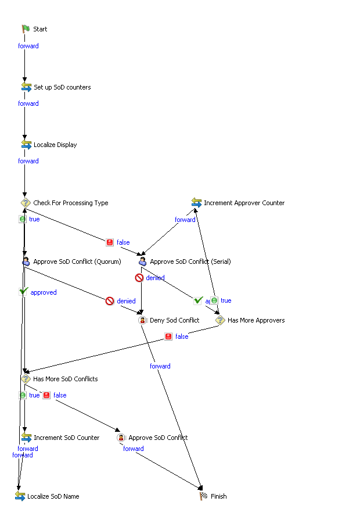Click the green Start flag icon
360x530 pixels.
26,29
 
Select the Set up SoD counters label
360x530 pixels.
62,87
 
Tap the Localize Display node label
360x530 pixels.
55,145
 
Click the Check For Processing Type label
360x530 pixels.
71,203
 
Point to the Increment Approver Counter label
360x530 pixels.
244,203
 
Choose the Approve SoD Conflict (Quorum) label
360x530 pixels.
77,262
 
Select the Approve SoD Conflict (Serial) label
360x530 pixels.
190,262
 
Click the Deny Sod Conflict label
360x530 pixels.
175,320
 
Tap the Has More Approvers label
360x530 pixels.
256,320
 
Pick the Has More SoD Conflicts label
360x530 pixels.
66,379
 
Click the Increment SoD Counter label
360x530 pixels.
67,438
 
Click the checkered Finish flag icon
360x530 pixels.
204,496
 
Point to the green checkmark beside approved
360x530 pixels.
24,292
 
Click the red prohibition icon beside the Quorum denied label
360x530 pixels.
110,301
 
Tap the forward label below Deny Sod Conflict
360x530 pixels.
160,366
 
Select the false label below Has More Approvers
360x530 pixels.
182,336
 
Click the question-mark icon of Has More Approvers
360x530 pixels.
220,320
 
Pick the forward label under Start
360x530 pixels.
28,46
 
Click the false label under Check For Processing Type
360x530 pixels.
123,242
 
